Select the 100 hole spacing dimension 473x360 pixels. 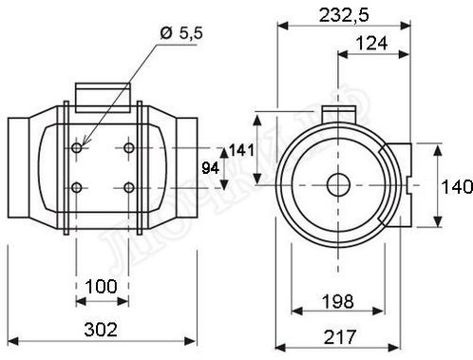(x=102, y=286)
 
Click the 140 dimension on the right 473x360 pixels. (x=456, y=186)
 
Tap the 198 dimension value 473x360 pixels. (x=338, y=301)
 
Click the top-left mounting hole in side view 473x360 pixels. (x=77, y=149)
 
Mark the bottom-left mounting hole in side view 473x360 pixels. (x=77, y=186)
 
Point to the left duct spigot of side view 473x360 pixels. (x=21, y=169)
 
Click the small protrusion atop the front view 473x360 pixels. (x=333, y=112)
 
